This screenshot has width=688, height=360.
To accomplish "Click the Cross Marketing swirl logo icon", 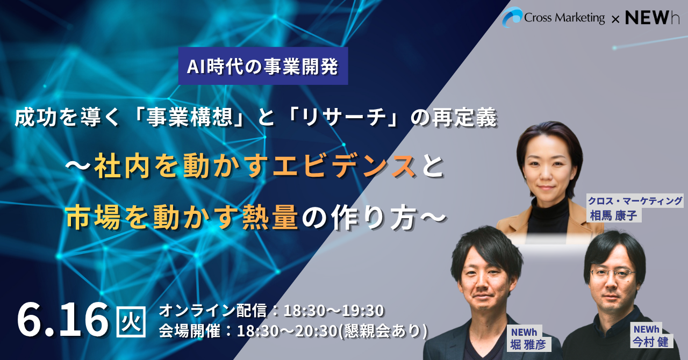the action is click(x=512, y=17).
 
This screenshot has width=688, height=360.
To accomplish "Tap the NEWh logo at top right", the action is click(x=652, y=18).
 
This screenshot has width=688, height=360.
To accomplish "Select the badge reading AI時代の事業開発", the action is click(x=263, y=66).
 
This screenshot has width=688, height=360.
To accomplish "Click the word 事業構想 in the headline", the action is click(x=189, y=118).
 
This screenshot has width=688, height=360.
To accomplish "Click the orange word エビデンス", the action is click(x=345, y=167).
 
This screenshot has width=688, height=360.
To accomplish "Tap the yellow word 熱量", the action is click(x=270, y=218).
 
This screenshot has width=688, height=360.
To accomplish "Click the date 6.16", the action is click(x=62, y=320).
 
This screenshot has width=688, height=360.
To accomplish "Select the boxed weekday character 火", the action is click(x=131, y=321).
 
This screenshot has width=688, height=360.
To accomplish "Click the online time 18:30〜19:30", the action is click(x=334, y=311).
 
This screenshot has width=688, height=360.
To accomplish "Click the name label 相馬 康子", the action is click(x=613, y=215).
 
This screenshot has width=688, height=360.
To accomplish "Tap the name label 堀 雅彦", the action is click(x=528, y=345).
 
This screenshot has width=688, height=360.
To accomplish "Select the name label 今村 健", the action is click(x=650, y=342).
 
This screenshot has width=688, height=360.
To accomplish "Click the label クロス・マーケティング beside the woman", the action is click(x=635, y=201).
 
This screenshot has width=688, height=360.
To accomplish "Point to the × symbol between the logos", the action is click(x=615, y=20).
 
